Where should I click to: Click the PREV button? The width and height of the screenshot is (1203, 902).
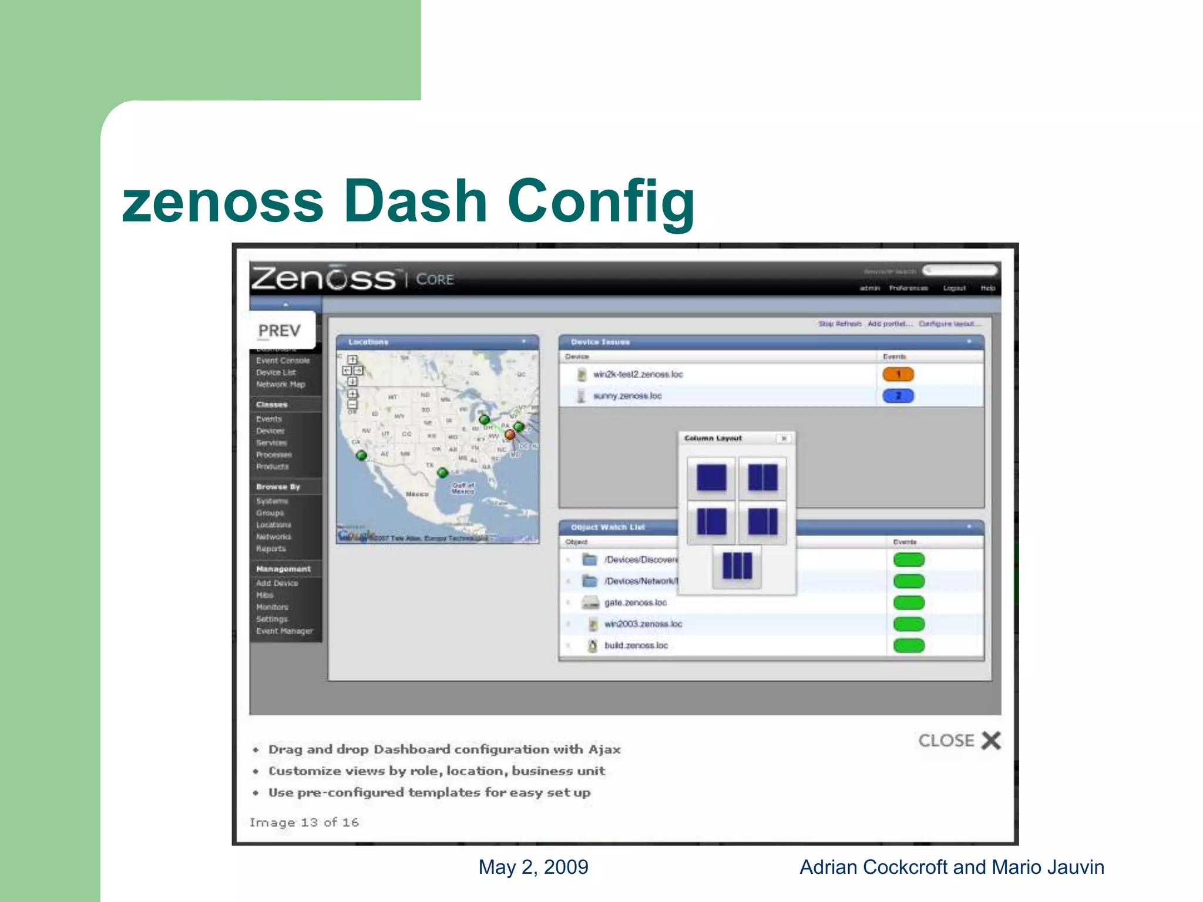click(280, 331)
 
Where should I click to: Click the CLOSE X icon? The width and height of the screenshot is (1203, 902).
click(991, 741)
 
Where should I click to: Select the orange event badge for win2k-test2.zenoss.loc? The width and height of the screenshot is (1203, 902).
click(898, 374)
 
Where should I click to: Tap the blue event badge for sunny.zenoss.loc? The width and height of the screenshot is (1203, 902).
click(898, 396)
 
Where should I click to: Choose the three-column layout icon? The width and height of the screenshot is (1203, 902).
click(737, 566)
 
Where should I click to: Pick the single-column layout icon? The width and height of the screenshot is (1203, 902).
click(711, 477)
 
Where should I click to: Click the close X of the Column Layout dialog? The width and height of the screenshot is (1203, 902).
click(784, 439)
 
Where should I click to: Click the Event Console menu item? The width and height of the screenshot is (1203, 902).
click(283, 361)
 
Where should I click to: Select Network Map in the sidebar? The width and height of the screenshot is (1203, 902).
click(280, 385)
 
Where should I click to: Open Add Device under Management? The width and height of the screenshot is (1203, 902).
click(277, 583)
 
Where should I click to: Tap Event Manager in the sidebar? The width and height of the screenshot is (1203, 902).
click(284, 631)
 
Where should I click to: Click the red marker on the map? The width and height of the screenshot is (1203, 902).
click(510, 435)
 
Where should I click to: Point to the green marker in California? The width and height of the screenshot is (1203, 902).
click(362, 455)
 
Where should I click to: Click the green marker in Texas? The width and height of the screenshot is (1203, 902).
click(443, 472)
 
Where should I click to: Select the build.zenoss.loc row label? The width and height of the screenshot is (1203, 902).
click(636, 645)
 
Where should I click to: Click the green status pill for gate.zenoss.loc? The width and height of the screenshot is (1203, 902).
click(909, 603)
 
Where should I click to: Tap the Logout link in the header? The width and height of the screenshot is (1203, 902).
click(954, 288)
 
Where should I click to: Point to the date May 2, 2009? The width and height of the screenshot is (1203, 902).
click(533, 867)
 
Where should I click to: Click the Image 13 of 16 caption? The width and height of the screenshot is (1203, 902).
click(304, 822)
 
